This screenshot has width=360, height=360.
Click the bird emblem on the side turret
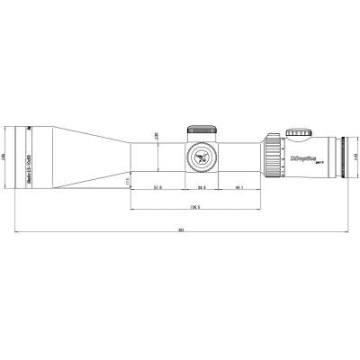pos(200,157)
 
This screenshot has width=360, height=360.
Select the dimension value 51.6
pos(157,187)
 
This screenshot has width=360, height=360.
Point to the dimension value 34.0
pos(201,187)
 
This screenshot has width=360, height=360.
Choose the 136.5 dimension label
pos(194,206)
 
